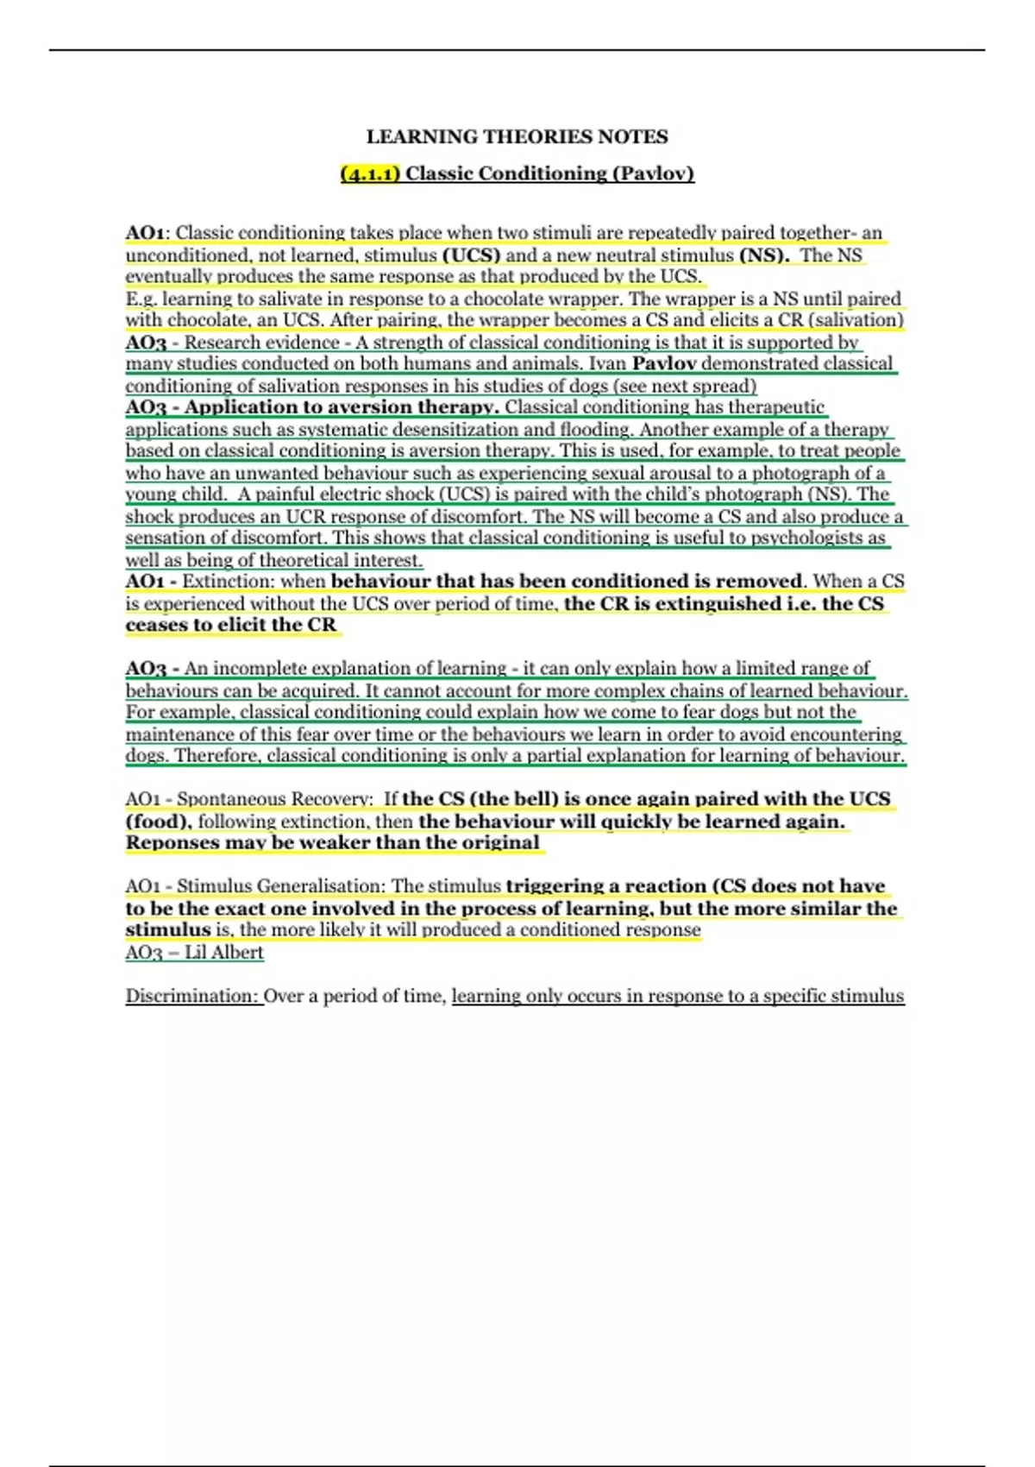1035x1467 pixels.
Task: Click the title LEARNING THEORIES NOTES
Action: [517, 136]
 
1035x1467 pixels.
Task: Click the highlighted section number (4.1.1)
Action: [370, 173]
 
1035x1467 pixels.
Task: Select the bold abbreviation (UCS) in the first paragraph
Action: [471, 255]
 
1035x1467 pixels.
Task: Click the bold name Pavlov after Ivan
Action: [664, 363]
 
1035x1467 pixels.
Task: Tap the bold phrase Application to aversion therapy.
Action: [342, 407]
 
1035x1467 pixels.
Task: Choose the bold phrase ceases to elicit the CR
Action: [231, 625]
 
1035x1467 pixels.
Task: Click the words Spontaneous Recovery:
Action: [275, 799]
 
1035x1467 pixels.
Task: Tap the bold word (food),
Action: [159, 821]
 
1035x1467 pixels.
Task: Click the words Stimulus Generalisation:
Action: [281, 886]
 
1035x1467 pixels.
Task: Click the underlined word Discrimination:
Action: [192, 996]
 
